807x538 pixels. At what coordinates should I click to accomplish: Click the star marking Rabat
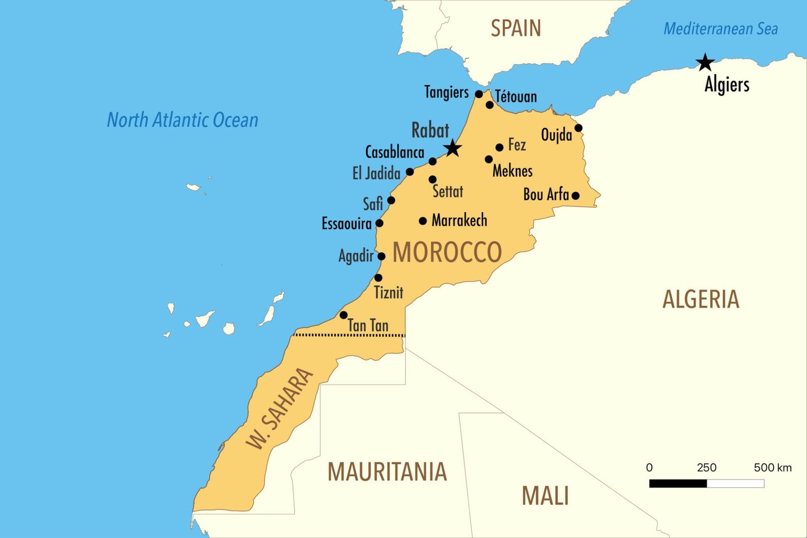(x=452, y=148)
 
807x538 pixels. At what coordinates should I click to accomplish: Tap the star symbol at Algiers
(x=705, y=63)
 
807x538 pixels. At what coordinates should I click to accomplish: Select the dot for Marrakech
(x=423, y=221)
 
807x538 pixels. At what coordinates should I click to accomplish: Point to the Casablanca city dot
(x=432, y=161)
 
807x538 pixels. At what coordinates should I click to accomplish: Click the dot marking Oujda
(x=579, y=128)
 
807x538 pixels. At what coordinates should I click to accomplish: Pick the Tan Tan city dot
(x=343, y=315)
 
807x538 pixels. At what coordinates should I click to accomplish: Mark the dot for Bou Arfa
(x=575, y=195)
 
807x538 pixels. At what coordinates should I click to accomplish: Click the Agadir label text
(x=356, y=256)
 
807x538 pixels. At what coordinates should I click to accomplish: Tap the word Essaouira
(x=347, y=223)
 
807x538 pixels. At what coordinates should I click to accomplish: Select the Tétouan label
(x=516, y=96)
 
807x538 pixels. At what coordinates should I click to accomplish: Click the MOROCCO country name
(x=447, y=252)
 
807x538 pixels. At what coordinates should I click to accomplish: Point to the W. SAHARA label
(x=279, y=409)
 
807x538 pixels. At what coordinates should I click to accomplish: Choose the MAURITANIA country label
(x=387, y=472)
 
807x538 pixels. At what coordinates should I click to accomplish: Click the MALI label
(x=545, y=496)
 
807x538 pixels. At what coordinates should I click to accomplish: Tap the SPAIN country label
(x=515, y=28)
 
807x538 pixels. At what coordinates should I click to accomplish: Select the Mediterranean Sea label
(x=720, y=29)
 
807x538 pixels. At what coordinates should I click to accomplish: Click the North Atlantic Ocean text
(x=183, y=120)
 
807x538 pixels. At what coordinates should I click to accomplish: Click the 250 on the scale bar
(x=706, y=467)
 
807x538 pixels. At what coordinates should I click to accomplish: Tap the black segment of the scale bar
(x=678, y=483)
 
